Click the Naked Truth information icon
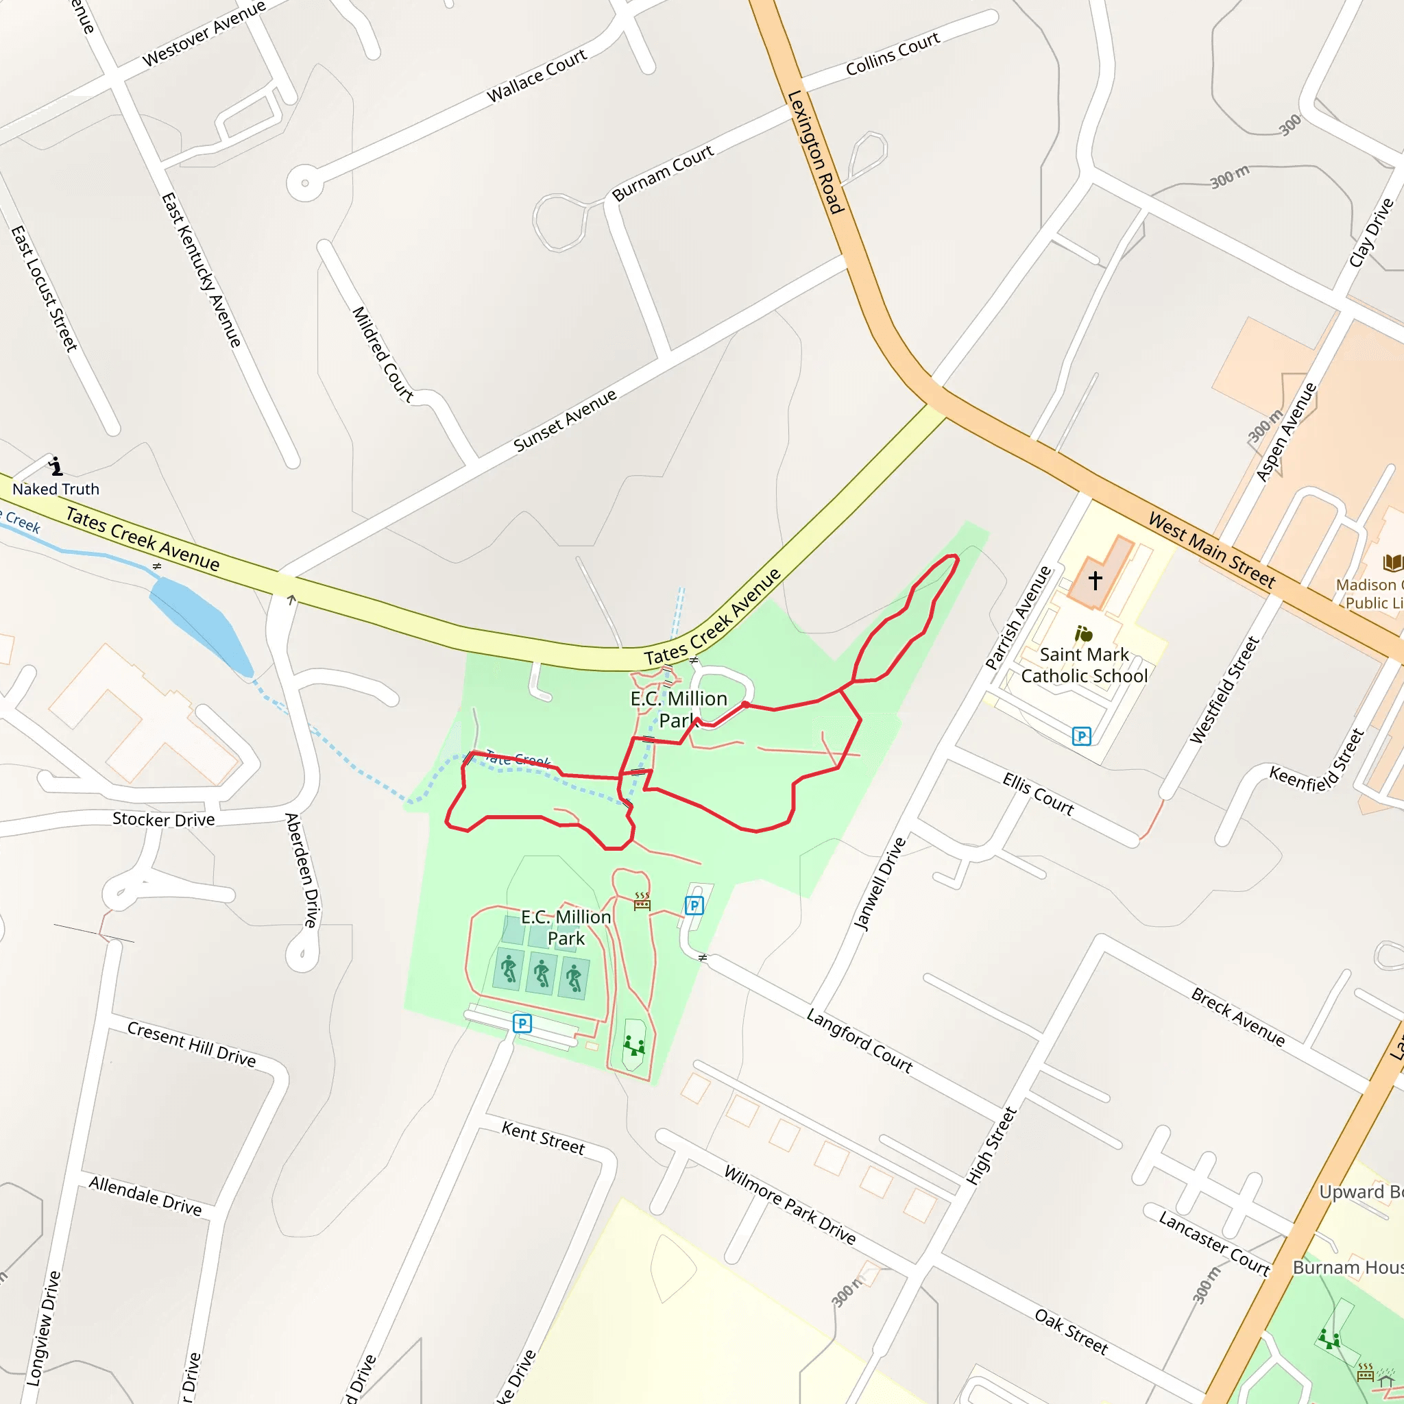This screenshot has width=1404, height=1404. coord(56,465)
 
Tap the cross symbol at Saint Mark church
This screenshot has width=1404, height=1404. coord(1095,580)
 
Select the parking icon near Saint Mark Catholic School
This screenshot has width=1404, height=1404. coord(1081,736)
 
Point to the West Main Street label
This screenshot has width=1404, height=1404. coord(1211,549)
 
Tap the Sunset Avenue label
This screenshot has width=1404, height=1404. coord(565,420)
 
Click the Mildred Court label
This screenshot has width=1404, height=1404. coord(383,354)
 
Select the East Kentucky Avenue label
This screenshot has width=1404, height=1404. coord(202,269)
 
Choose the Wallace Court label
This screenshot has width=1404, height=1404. coord(536,75)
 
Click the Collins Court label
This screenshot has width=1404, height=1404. coord(893,53)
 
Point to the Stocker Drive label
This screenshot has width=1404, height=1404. coord(164,820)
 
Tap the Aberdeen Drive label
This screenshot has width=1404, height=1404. coord(302,870)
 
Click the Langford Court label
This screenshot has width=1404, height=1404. coord(860,1041)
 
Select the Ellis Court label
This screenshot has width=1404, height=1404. coord(1038,794)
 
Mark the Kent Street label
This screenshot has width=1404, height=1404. coord(543,1138)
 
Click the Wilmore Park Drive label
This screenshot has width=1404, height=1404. coord(790,1205)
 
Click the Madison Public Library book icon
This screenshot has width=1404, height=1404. coord(1392,562)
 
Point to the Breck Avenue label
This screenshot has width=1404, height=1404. coord(1237,1017)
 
